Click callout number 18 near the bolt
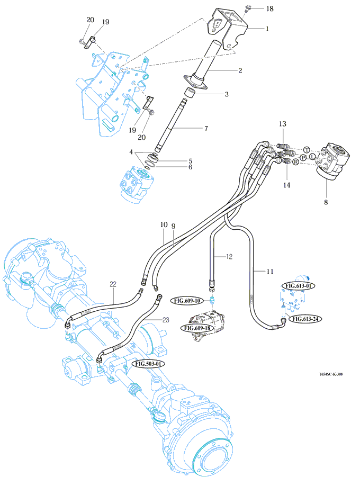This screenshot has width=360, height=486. click(x=269, y=9)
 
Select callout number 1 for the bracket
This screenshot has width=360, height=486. click(x=267, y=29)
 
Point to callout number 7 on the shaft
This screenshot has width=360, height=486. click(x=206, y=129)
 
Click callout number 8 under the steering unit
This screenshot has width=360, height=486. click(x=326, y=202)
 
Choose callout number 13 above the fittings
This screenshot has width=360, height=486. click(x=283, y=124)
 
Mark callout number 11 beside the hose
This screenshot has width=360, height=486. click(x=270, y=272)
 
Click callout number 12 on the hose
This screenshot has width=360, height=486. click(x=229, y=257)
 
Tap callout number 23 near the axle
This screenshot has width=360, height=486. click(x=165, y=320)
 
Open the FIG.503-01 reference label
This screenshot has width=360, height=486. click(x=150, y=364)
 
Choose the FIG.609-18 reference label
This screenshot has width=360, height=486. click(x=197, y=328)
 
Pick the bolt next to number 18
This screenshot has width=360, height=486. click(x=248, y=8)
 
